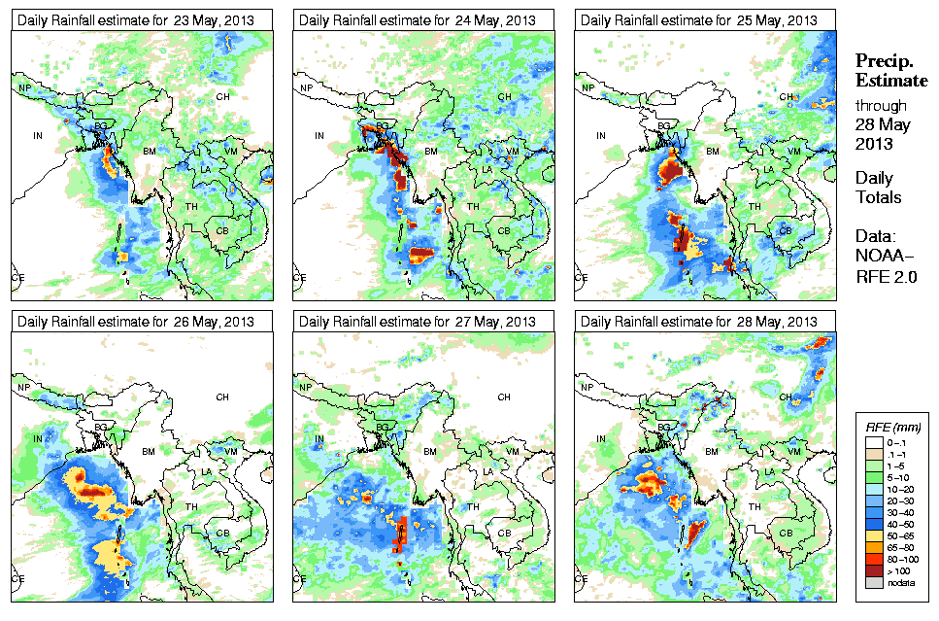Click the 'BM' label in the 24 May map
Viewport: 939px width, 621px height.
(431, 152)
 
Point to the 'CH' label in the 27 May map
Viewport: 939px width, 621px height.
(504, 397)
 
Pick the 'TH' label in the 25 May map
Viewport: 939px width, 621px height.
(755, 206)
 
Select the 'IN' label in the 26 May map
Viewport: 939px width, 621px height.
(38, 439)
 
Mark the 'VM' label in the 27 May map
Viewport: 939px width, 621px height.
(513, 452)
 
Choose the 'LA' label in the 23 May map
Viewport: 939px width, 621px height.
(206, 169)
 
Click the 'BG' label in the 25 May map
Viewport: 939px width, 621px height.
(665, 126)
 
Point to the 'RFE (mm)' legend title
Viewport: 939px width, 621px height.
(893, 427)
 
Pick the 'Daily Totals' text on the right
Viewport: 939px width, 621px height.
(878, 188)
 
